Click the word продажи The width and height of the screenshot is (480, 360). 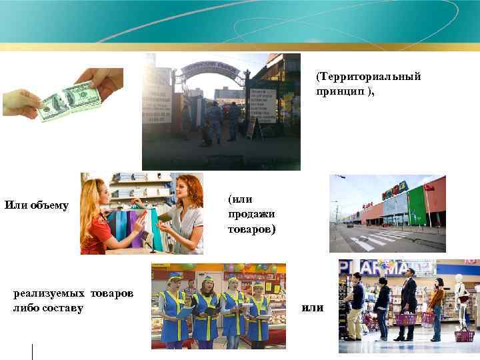click(251, 214)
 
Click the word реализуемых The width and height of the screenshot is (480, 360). click(49, 293)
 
